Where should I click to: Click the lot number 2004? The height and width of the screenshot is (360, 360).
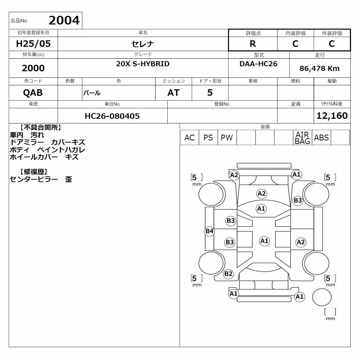pos(64,21)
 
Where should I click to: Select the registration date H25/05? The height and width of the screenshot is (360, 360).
pos(33,44)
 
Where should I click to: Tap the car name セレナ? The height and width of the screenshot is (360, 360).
pos(143,44)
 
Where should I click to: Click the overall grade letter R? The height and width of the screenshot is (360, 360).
pos(253,44)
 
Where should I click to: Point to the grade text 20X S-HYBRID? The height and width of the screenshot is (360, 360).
pos(143,64)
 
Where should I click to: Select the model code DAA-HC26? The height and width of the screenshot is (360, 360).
pos(258,64)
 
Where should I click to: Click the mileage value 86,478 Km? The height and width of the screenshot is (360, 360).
pos(319,68)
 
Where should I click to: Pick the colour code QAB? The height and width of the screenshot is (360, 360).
pos(33,93)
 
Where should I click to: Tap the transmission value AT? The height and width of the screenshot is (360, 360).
pos(174,93)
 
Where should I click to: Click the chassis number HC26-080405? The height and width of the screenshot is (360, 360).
pos(112,116)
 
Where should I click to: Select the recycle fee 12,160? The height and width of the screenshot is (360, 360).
pos(332,116)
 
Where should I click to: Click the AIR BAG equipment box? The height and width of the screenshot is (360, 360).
pos(302,138)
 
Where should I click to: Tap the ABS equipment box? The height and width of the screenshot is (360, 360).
pos(321,138)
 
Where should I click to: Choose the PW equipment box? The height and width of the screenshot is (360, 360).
pos(227,138)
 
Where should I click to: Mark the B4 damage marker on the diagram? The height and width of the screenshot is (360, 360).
pos(210,231)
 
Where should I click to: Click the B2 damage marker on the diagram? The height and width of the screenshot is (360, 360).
pos(228,274)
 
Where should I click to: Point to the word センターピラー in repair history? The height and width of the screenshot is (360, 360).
pos(34,179)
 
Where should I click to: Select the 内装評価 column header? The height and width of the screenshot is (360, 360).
pos(296,33)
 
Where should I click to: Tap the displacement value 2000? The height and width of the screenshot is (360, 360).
pos(33,68)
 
